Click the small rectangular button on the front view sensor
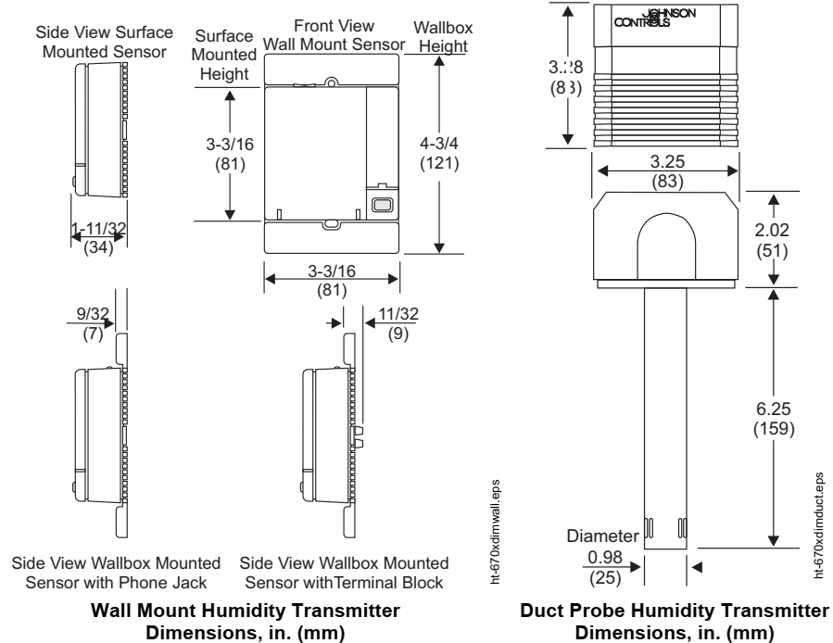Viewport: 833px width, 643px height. [x=380, y=205]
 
